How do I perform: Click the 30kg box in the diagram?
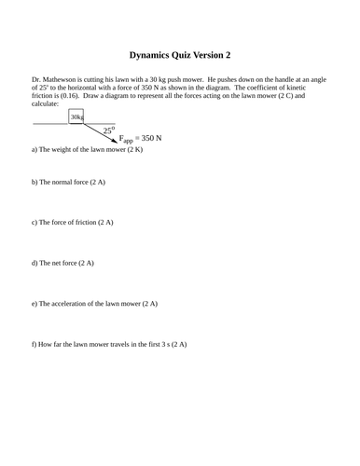click(x=76, y=116)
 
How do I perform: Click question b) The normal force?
click(x=68, y=182)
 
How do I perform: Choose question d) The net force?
click(x=63, y=263)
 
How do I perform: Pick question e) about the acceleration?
click(x=94, y=303)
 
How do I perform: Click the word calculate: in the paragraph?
click(x=47, y=104)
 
